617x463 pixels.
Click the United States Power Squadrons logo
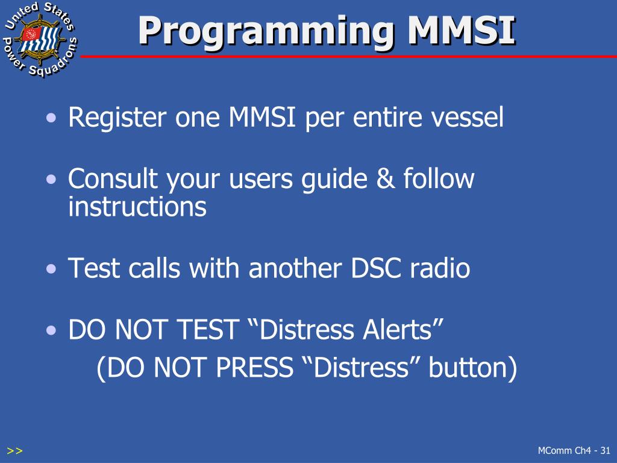coord(40,40)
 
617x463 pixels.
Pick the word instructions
coord(137,207)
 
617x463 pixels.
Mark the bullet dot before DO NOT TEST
coord(54,330)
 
